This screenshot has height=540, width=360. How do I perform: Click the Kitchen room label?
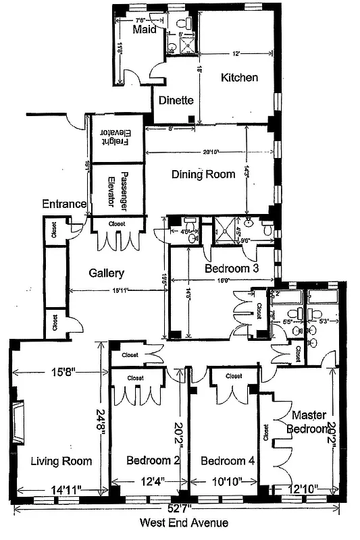click(240, 78)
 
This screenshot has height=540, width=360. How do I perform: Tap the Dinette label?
click(176, 101)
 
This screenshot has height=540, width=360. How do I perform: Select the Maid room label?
click(144, 30)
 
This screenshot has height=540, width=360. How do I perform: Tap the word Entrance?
click(64, 204)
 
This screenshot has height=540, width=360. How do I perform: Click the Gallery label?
click(107, 273)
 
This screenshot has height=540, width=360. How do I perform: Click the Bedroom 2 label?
click(153, 461)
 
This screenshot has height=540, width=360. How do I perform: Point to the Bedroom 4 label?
click(228, 461)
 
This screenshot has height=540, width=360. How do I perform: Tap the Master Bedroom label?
click(309, 421)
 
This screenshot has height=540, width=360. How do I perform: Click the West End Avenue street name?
click(184, 522)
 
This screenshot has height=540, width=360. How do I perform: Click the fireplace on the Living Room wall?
click(18, 421)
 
